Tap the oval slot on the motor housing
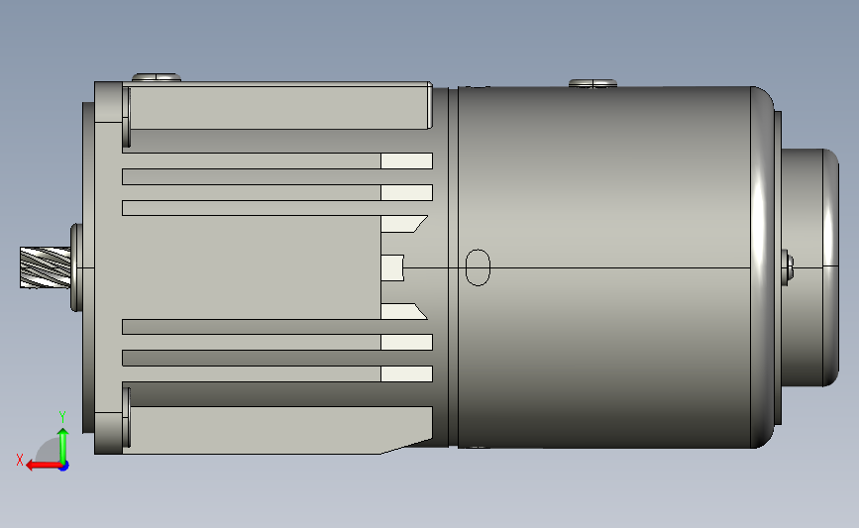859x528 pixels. pos(478,267)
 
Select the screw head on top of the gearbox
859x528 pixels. pos(157,77)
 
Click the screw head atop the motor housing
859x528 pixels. pos(592,83)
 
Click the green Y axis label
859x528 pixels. pos(61,417)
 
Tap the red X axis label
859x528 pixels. pos(20,460)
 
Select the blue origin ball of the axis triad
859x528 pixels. pos(63,465)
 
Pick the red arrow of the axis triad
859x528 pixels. pos(38,465)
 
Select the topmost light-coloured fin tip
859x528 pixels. pos(407,160)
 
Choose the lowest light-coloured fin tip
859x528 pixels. pos(407,374)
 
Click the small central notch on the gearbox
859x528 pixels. pos(394,267)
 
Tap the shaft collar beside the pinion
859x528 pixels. pos(74,267)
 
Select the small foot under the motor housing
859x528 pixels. pos(477,448)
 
